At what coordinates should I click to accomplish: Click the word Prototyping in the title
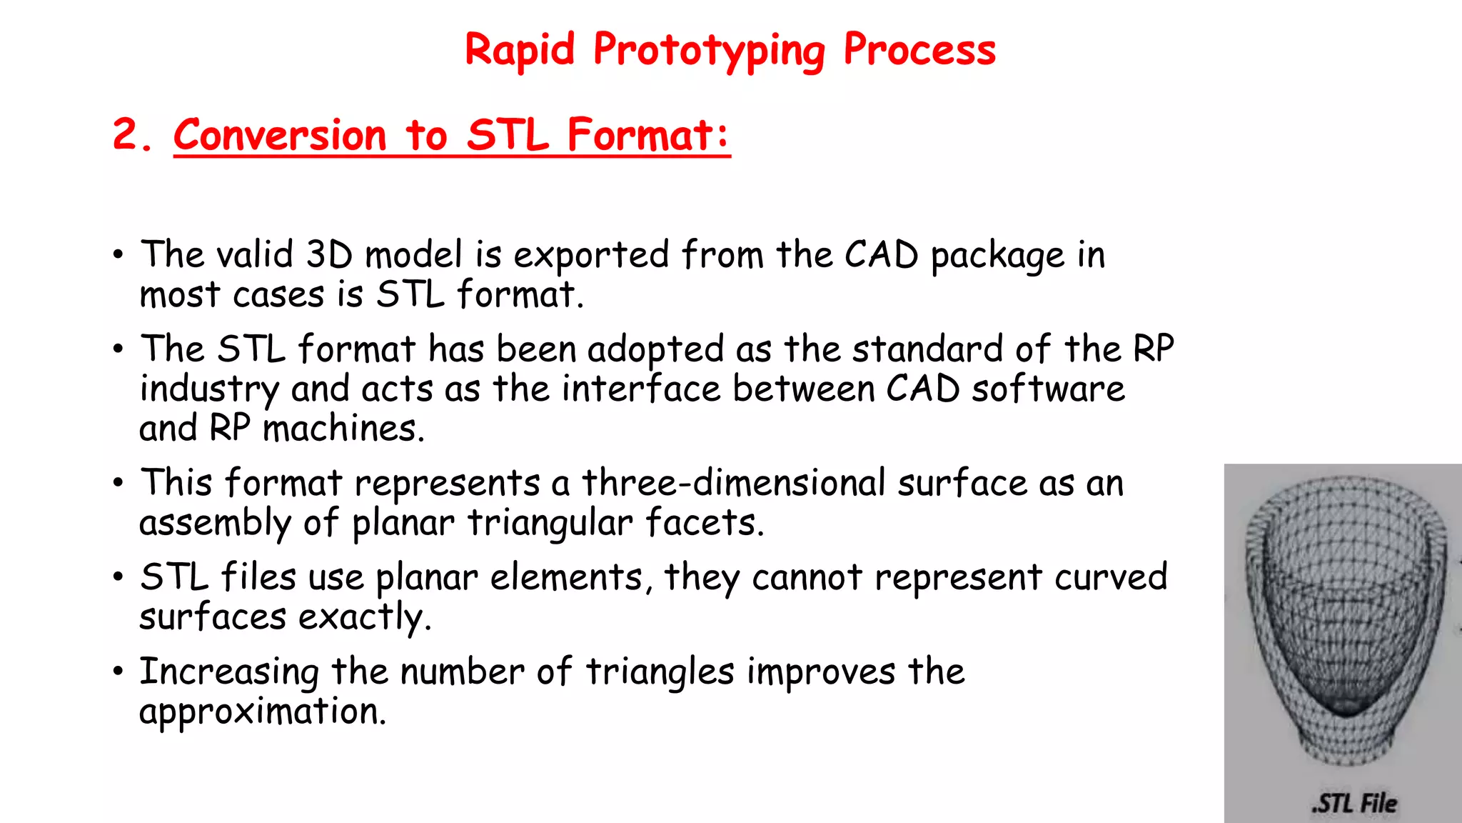[x=708, y=51]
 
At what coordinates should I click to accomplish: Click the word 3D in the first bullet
[x=329, y=255]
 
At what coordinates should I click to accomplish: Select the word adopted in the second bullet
[x=655, y=351]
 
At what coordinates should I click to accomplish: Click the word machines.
[x=343, y=429]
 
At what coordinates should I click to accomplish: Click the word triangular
[x=550, y=524]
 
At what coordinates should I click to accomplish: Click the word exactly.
[x=365, y=618]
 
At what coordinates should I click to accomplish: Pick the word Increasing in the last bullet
[x=229, y=673]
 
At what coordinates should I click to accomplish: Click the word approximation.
[x=263, y=712]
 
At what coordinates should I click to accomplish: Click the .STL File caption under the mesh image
[x=1354, y=803]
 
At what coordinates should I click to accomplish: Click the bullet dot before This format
[x=118, y=483]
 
